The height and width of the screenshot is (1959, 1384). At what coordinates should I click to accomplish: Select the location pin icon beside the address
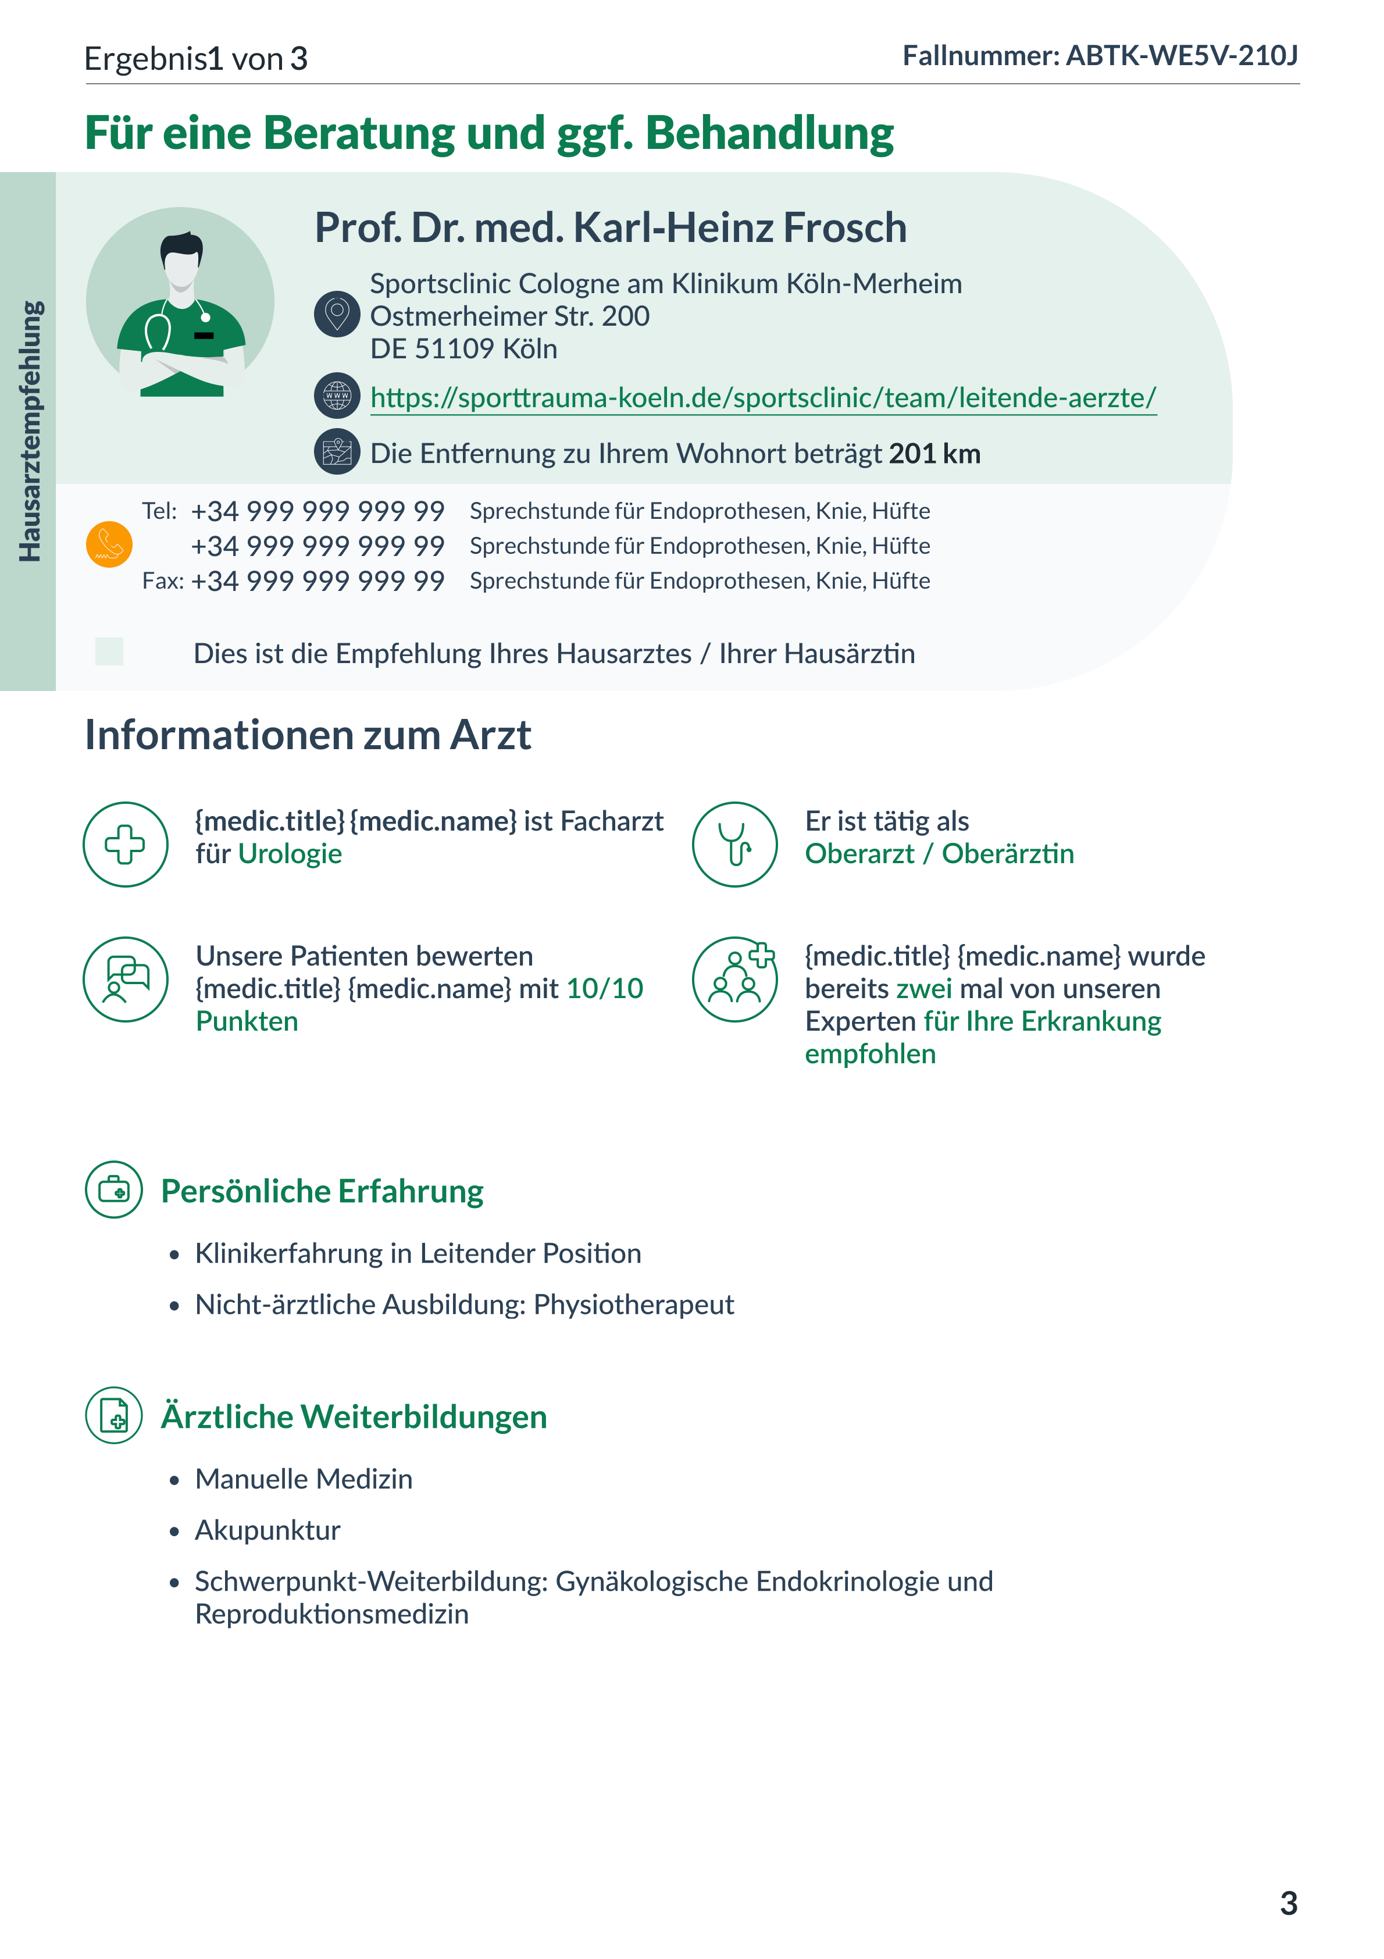337,314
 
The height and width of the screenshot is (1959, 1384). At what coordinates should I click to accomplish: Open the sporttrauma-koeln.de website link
763,398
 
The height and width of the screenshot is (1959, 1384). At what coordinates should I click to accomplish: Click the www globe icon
337,396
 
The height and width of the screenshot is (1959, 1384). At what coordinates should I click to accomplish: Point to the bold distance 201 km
934,454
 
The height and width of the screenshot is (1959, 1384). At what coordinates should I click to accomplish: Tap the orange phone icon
109,544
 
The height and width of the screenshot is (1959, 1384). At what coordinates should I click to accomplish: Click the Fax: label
162,581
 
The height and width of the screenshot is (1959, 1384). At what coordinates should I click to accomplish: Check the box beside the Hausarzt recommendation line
109,652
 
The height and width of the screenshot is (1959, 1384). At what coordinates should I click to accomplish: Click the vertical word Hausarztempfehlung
29,431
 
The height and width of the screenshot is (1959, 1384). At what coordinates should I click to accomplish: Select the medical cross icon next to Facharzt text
126,844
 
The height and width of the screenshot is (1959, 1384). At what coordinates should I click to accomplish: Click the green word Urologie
290,854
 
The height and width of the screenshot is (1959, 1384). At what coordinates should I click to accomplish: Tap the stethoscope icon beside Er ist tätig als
734,844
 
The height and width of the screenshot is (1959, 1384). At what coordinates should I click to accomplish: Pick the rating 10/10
604,989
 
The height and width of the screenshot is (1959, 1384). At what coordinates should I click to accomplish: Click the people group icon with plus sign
734,979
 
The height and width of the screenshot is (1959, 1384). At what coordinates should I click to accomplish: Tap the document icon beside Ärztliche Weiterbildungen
113,1416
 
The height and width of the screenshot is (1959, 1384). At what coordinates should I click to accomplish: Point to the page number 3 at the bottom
1289,1904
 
